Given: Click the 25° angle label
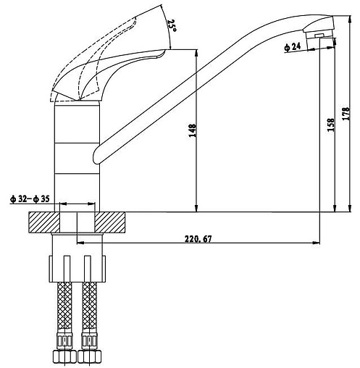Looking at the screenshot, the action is pos(172,26).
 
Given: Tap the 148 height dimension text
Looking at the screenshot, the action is pos(193,130).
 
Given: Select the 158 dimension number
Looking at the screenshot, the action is pos(330,125).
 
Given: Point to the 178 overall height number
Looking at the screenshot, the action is pos(346,114).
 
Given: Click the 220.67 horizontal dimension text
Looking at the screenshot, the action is pos(198,239).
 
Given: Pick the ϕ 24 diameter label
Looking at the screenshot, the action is pos(293,47).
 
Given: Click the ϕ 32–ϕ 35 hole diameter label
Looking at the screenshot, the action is pos(30,199).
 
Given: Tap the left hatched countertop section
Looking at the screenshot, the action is pos(44,222).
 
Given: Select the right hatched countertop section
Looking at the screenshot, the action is pos(110,222).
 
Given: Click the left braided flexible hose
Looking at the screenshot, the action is pos(64,307).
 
